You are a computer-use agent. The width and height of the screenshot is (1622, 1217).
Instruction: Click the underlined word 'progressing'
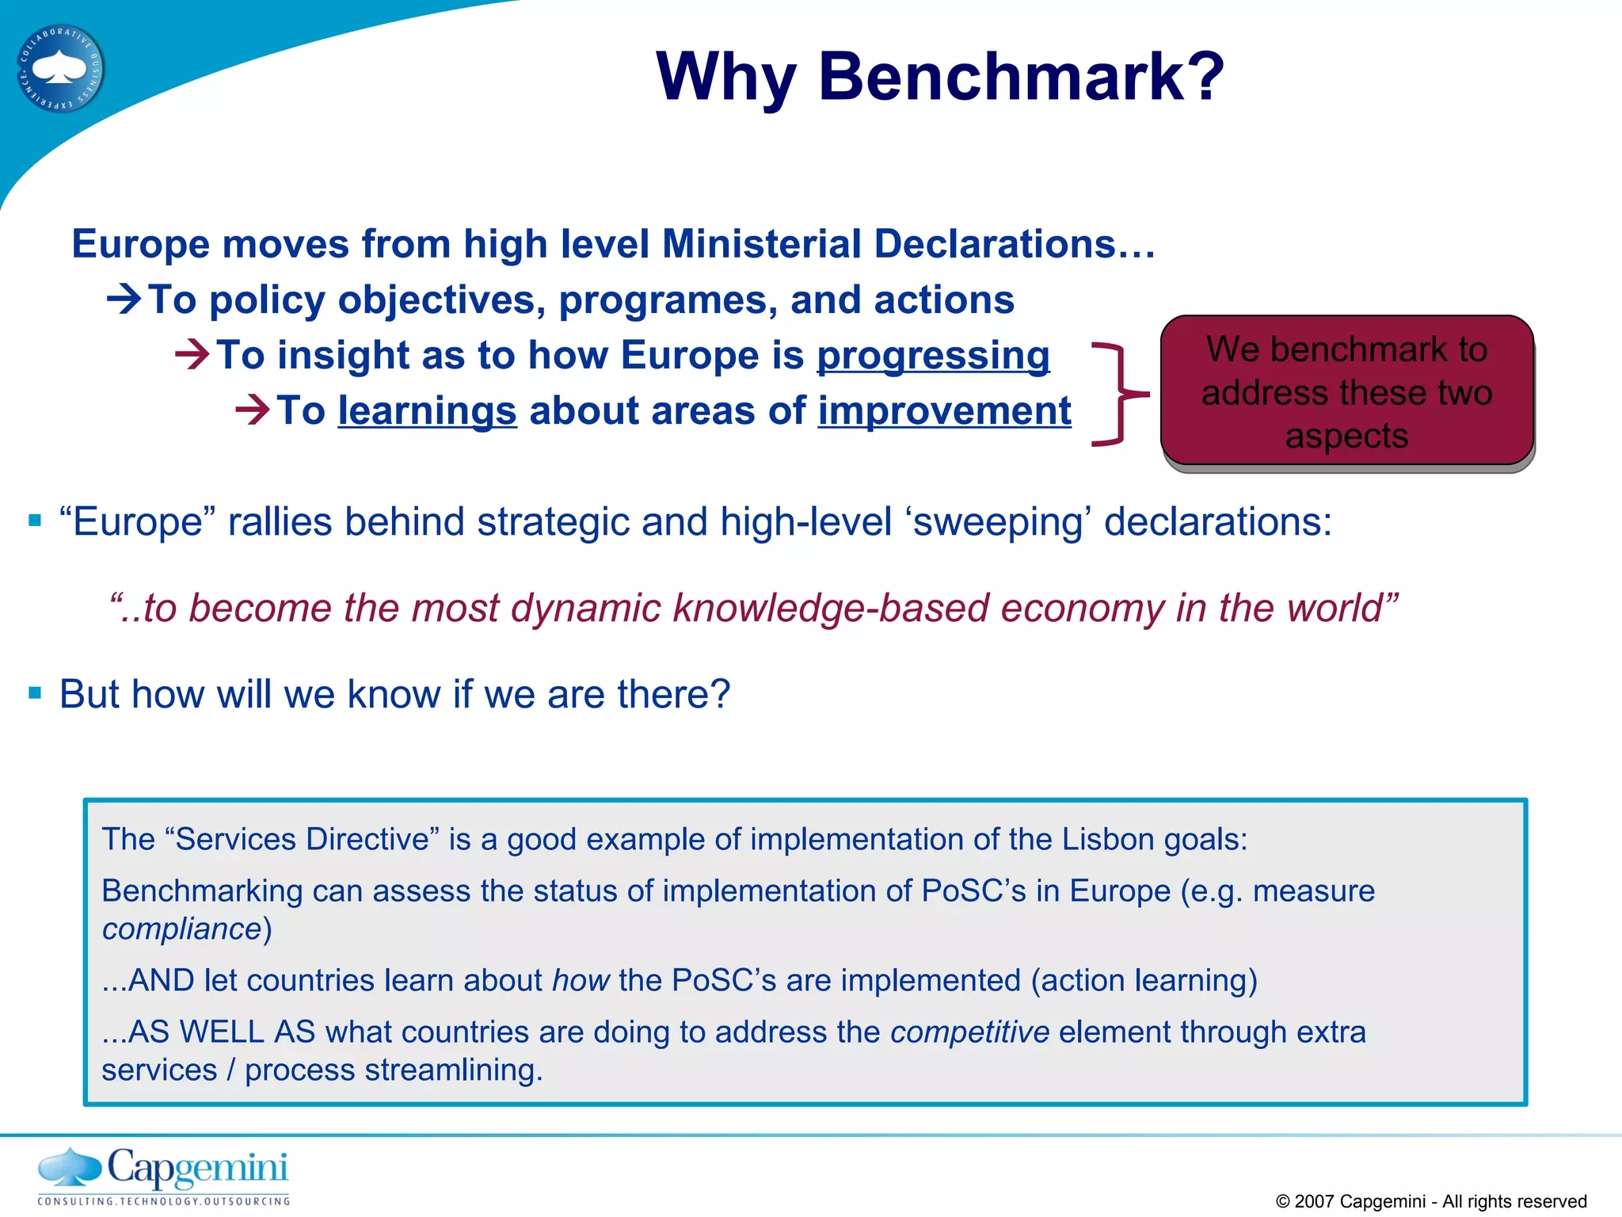(933, 356)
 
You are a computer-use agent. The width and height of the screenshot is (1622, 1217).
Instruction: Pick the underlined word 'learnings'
(427, 412)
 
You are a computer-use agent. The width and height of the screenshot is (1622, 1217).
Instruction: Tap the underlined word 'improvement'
(944, 412)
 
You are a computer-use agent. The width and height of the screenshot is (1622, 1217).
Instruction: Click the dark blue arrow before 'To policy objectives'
(124, 299)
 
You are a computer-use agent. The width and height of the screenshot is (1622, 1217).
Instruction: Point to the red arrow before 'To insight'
(192, 354)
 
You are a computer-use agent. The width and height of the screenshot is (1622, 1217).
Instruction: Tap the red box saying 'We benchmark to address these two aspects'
(1346, 391)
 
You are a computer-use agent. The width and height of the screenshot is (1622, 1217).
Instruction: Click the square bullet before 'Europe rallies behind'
(35, 521)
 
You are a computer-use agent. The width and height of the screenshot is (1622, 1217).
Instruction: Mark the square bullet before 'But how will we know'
(35, 693)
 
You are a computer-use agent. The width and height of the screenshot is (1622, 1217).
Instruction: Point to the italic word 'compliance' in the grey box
(182, 929)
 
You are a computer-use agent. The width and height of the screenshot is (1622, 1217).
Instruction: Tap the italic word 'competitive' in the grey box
(969, 1032)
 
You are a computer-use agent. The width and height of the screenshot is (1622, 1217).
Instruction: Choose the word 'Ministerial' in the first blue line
(761, 244)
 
